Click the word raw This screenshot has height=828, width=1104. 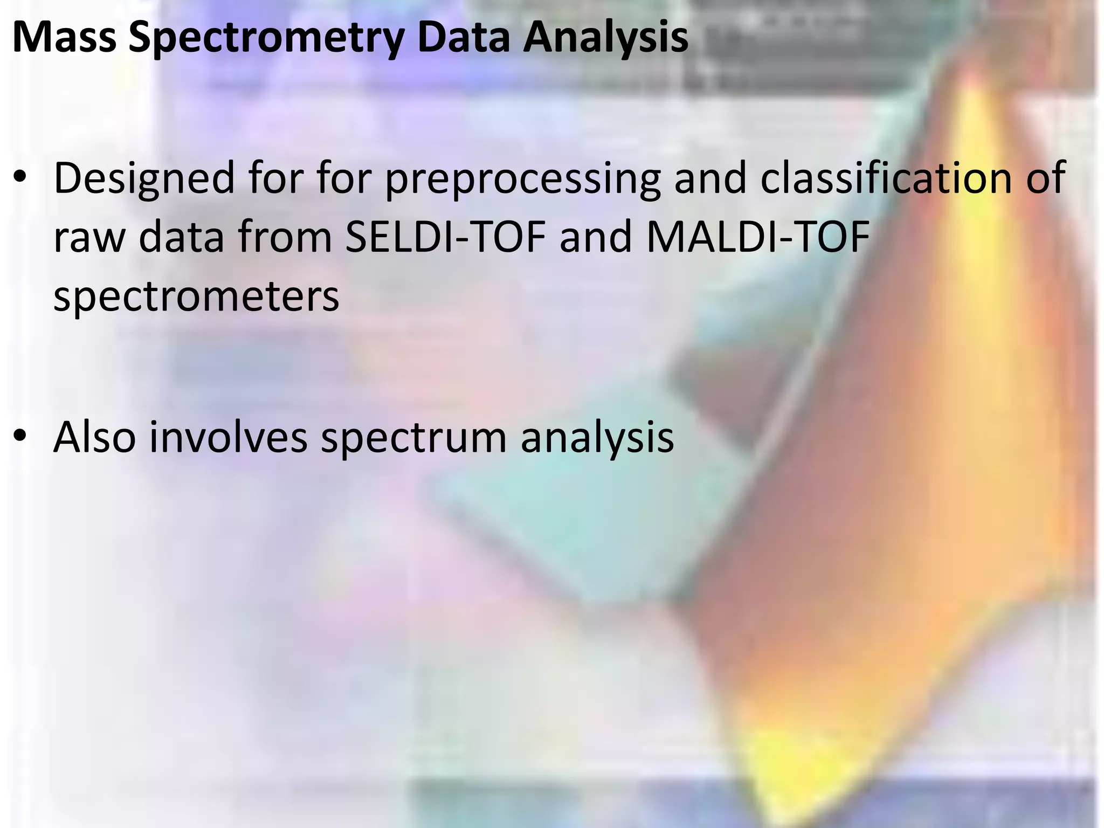(89, 238)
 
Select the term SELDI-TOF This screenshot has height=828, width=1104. (445, 237)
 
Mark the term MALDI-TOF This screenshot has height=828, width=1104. (758, 237)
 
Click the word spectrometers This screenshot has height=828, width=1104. (196, 297)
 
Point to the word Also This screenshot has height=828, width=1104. (94, 437)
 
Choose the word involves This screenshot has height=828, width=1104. (228, 437)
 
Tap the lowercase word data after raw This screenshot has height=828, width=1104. (181, 237)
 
